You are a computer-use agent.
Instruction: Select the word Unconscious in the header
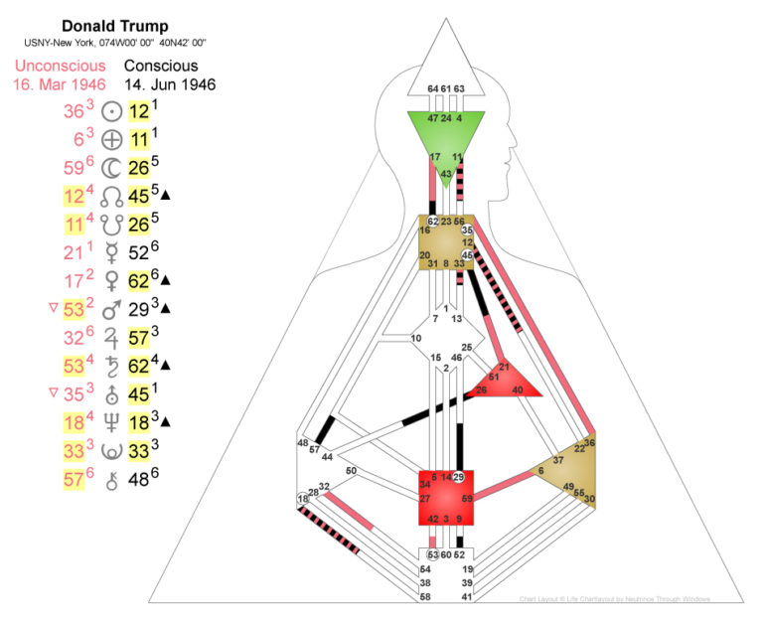60,66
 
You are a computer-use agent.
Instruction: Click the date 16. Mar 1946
60,84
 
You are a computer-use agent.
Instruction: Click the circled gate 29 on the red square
459,478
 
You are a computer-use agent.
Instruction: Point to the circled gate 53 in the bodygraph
433,553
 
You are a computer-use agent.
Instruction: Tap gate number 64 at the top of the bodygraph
432,89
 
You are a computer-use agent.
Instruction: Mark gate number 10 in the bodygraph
416,339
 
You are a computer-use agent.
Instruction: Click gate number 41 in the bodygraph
468,596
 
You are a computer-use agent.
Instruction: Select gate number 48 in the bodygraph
302,443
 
